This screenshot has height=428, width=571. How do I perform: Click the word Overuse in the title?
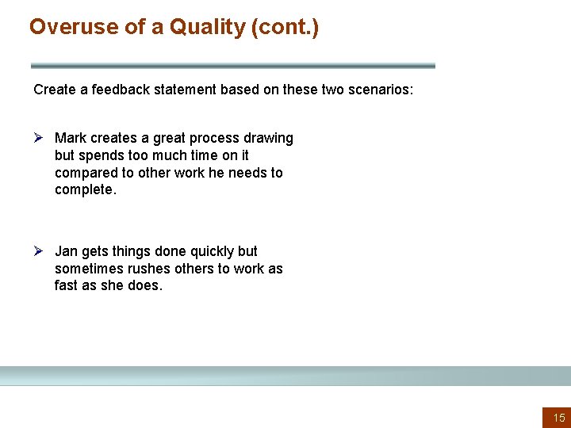[65, 27]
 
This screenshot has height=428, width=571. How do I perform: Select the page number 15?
[558, 418]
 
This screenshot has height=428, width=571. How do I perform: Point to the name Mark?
[71, 138]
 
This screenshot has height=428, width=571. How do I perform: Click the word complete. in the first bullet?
[86, 190]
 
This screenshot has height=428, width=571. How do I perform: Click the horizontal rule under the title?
[232, 66]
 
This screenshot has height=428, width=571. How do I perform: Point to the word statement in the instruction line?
[183, 90]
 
